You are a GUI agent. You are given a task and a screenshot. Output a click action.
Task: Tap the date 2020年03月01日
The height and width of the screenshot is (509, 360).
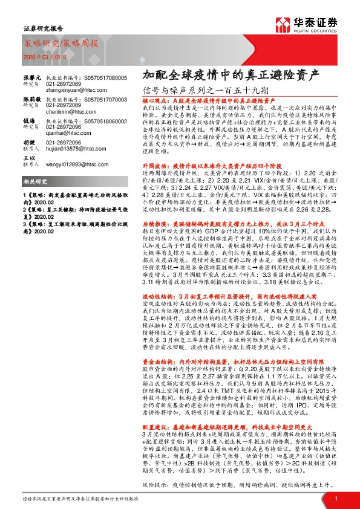[x=40, y=56]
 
